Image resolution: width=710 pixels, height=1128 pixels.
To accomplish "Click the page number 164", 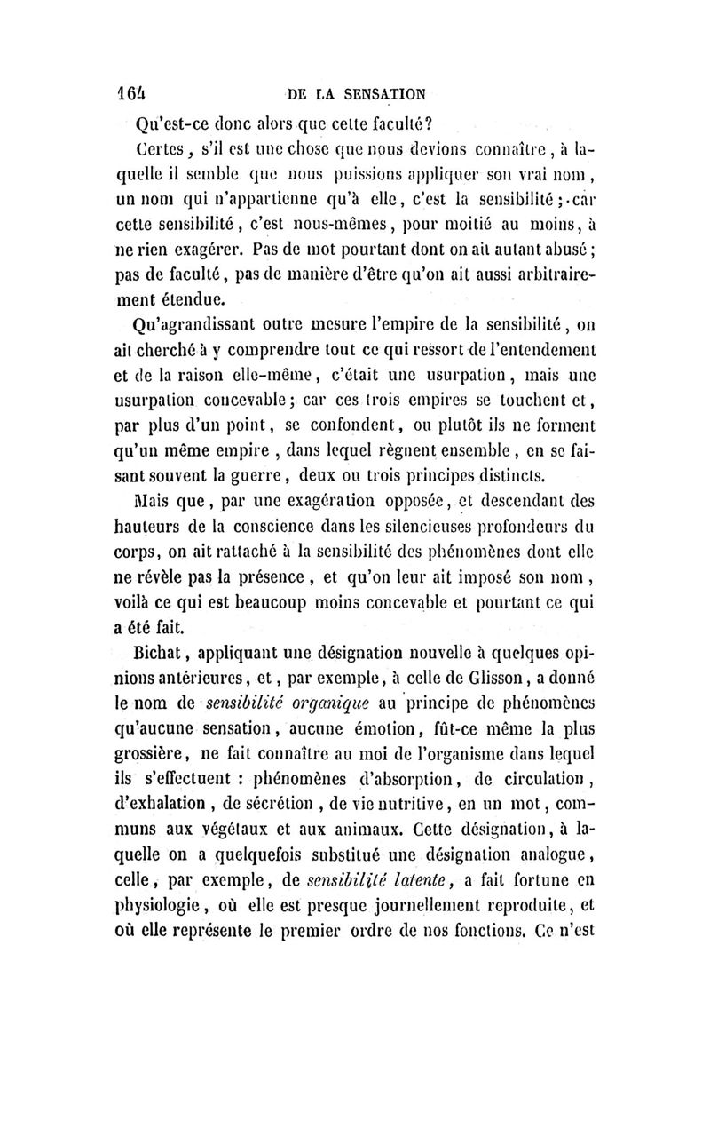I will click(x=134, y=91).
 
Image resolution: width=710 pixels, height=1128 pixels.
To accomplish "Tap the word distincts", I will click(x=515, y=467).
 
